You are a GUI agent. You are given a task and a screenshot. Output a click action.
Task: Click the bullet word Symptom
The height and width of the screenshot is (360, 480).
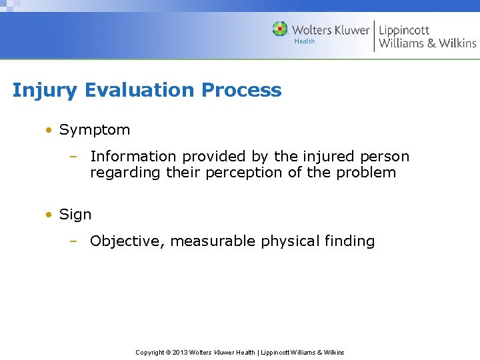[x=95, y=130]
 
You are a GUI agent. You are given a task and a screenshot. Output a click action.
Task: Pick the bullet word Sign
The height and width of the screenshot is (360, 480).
[x=75, y=215]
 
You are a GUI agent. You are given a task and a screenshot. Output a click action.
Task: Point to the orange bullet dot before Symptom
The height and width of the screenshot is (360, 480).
[x=49, y=130]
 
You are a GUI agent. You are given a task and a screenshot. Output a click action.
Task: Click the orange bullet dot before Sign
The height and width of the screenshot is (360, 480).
[x=49, y=215]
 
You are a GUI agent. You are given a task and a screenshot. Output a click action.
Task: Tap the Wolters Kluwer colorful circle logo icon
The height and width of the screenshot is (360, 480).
[x=280, y=29]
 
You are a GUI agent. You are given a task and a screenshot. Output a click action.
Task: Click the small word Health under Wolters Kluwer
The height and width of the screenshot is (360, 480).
[x=304, y=41]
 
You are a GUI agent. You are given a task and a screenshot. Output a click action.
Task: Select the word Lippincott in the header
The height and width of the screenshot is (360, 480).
[x=404, y=30]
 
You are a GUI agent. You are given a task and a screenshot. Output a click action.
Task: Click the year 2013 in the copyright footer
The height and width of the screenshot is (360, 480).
[x=180, y=352]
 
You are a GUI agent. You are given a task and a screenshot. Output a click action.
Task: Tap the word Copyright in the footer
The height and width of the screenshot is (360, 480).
[x=149, y=352]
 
